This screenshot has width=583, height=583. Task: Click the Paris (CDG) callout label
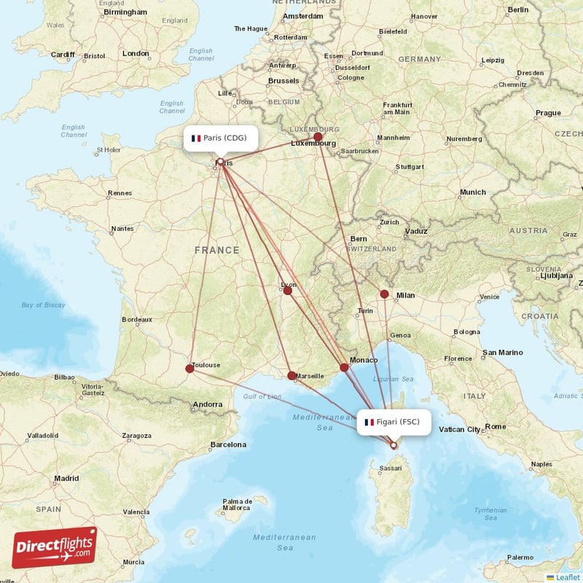tap(220, 138)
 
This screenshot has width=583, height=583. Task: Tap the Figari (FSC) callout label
tap(394, 422)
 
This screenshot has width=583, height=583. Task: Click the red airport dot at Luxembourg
tap(318, 137)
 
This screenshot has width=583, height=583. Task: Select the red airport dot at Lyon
tap(288, 291)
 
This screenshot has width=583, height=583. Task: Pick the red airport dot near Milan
tap(384, 294)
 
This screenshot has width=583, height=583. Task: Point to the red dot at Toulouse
tap(190, 369)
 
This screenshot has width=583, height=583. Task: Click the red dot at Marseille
tap(292, 376)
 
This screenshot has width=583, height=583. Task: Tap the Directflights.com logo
tap(55, 547)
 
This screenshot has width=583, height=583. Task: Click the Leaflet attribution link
tap(568, 576)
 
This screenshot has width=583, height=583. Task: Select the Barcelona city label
tap(227, 445)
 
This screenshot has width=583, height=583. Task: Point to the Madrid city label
tap(66, 479)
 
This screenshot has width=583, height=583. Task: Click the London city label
tap(136, 53)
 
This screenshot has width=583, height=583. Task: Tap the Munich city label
tap(472, 192)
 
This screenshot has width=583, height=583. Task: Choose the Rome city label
tap(496, 426)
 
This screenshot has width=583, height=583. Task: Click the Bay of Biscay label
tap(43, 305)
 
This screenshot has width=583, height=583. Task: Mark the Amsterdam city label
tap(302, 16)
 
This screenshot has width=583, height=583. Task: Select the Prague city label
tap(548, 113)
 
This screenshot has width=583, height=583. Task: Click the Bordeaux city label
tap(137, 319)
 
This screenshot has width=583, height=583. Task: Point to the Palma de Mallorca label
tap(238, 504)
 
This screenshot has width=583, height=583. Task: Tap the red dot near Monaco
tap(345, 368)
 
